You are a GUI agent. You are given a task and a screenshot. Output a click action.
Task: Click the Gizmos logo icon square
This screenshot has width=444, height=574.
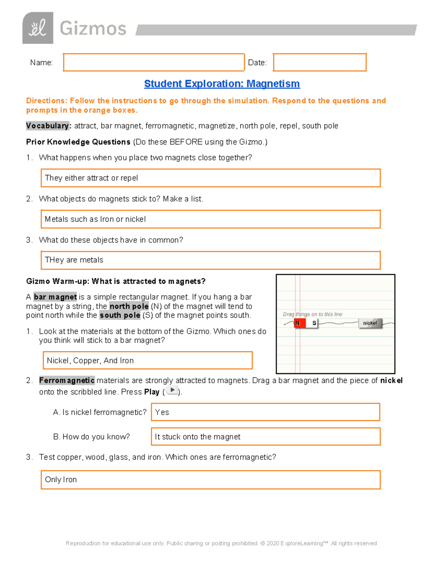point(38,28)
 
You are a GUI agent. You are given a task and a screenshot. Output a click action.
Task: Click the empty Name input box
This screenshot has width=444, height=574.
point(154,62)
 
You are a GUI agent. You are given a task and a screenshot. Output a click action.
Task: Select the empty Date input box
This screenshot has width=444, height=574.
point(319,62)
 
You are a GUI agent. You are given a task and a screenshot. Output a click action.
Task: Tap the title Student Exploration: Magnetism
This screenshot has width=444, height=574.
point(222,84)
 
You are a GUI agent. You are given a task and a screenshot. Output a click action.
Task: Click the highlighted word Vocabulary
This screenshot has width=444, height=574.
point(47,126)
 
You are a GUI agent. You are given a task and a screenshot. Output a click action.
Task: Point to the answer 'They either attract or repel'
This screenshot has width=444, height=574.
point(91,178)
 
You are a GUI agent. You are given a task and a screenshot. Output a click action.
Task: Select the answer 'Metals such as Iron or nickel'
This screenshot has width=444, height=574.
point(95,219)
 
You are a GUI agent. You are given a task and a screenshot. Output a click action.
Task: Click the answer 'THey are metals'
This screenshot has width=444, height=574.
point(74,260)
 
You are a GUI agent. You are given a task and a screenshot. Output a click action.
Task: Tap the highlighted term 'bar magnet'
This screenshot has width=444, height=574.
point(55,297)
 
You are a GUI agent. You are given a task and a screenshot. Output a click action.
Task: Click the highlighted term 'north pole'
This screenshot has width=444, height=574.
point(129,306)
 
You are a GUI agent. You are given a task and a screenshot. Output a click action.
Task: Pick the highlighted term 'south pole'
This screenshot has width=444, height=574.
point(120,315)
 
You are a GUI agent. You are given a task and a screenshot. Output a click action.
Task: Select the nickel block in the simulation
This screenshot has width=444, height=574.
point(370,323)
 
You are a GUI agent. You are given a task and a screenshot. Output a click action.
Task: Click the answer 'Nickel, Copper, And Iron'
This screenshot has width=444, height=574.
point(90,361)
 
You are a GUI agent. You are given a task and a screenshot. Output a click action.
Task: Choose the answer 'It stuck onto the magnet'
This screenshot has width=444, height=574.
point(198,437)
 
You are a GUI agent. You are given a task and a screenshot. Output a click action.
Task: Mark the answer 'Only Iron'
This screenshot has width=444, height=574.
point(61,480)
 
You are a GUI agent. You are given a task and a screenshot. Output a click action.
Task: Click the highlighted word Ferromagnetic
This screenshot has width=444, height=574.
point(67,381)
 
